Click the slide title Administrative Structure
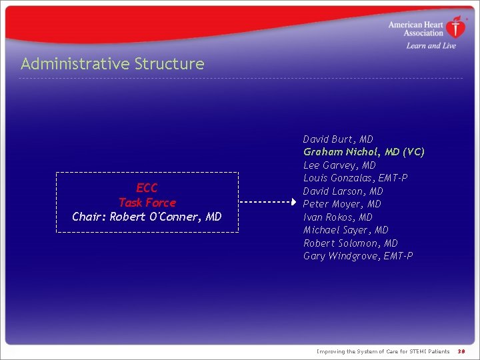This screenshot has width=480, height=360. (x=112, y=64)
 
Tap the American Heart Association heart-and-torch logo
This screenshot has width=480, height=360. (x=457, y=28)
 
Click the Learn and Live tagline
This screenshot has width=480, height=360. (x=431, y=46)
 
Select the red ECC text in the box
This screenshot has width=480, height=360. (x=147, y=188)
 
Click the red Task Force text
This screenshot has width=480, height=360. (x=147, y=203)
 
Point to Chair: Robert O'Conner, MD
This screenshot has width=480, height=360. (x=147, y=217)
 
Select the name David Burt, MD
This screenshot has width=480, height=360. (x=338, y=139)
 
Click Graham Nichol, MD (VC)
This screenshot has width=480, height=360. (x=363, y=152)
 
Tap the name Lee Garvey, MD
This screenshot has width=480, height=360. (x=339, y=165)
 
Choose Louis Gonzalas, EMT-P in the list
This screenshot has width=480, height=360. (x=355, y=178)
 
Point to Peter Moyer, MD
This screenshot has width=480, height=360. (x=342, y=204)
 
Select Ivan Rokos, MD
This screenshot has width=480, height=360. (x=337, y=217)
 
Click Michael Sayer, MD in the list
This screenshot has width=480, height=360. (x=345, y=230)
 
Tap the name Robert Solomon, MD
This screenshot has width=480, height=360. (x=350, y=243)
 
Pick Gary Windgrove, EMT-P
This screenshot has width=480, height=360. (x=358, y=256)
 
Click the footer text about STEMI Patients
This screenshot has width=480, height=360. (x=383, y=351)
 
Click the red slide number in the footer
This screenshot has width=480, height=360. (x=461, y=351)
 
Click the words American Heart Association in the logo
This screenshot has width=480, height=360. (x=416, y=29)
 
